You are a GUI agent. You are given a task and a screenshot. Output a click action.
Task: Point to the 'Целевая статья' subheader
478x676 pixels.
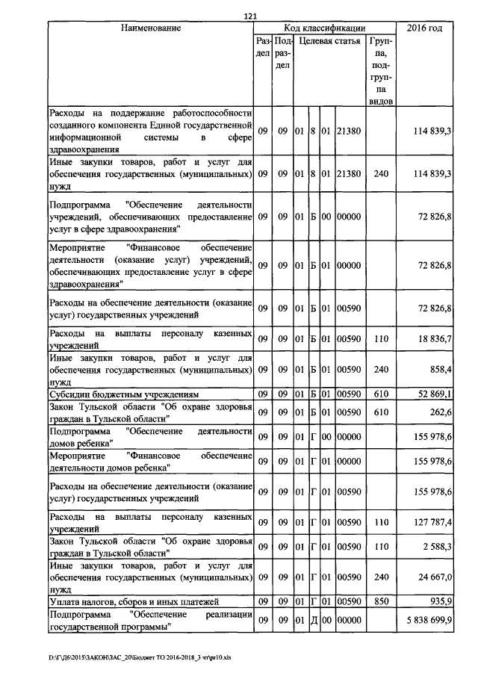click(x=328, y=43)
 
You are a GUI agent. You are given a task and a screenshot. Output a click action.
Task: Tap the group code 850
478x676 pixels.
click(x=382, y=601)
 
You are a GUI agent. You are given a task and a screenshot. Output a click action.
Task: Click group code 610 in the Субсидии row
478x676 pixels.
click(x=382, y=394)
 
